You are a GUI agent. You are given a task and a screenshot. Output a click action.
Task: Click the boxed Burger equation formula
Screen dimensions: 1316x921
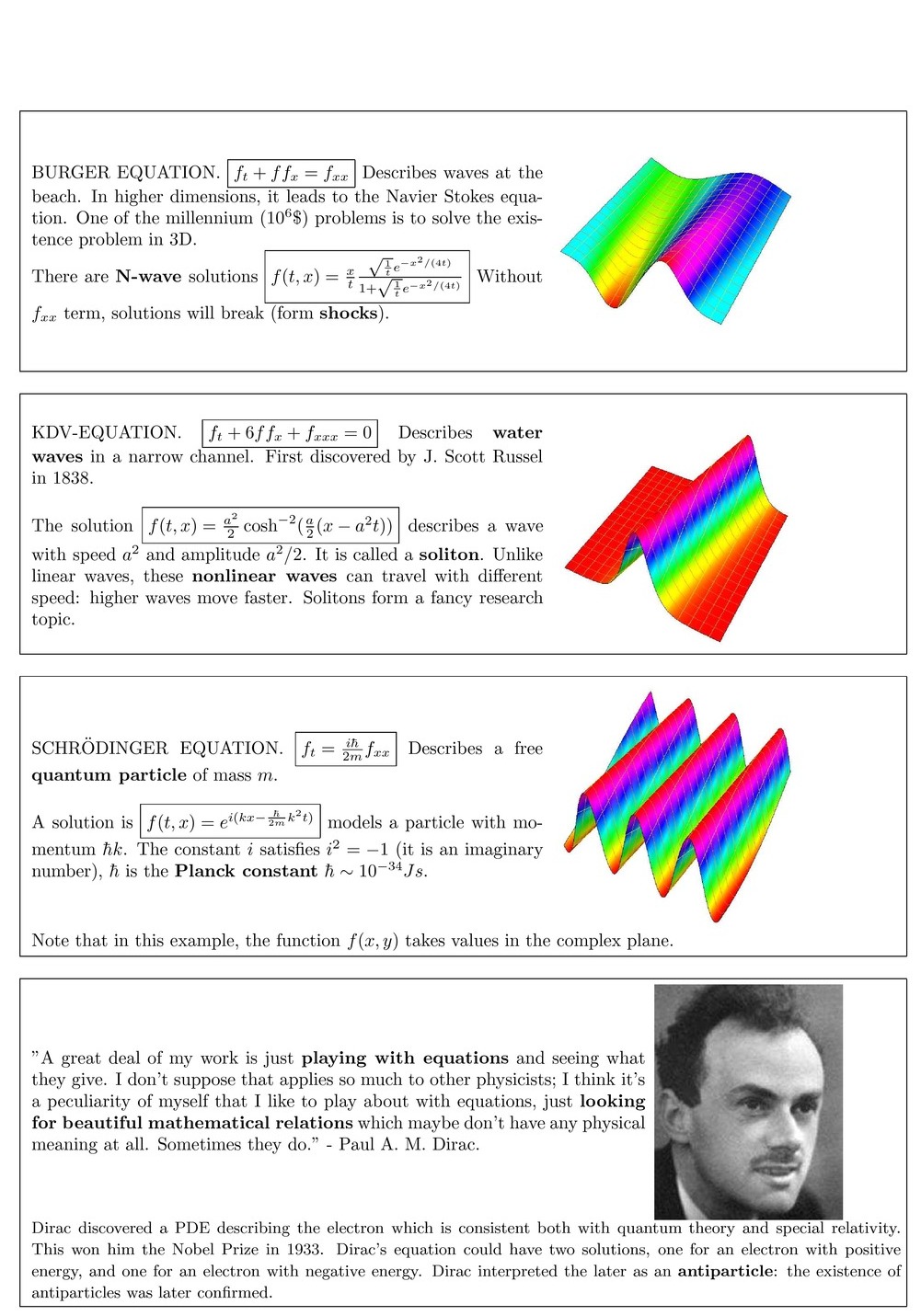[x=291, y=173]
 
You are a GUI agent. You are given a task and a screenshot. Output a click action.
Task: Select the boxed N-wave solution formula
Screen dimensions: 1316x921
[x=367, y=277]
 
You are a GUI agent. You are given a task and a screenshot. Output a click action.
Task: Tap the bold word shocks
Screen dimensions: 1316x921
[x=349, y=314]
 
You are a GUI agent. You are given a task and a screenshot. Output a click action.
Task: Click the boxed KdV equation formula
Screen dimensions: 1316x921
[x=290, y=433]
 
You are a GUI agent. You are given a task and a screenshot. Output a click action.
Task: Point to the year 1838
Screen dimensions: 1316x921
[x=74, y=478]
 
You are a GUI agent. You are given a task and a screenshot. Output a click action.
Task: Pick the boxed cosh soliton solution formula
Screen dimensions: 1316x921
[x=271, y=526]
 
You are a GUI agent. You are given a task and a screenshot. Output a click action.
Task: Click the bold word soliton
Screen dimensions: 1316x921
[x=449, y=555]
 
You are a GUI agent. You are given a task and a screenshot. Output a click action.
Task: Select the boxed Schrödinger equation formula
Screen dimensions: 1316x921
[x=346, y=750]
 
